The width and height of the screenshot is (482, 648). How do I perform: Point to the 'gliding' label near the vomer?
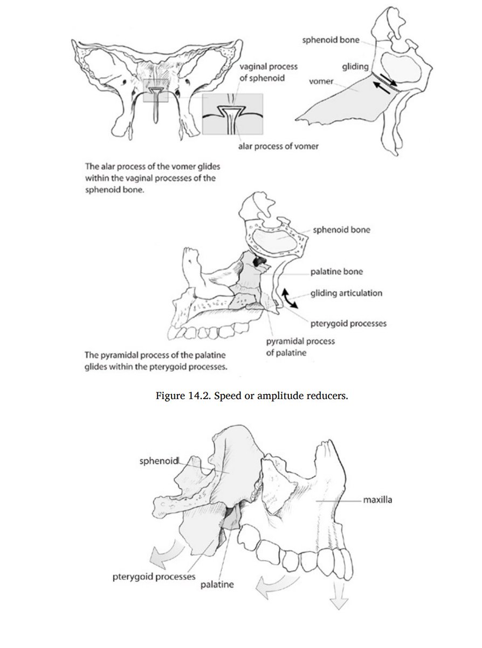[x=355, y=66]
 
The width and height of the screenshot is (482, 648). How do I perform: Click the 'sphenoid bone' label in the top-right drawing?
[x=330, y=40]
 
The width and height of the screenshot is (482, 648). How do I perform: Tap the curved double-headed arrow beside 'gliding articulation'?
[x=290, y=298]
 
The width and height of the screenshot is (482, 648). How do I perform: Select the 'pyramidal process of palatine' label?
[x=300, y=347]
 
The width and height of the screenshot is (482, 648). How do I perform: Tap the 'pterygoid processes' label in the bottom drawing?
[x=154, y=576]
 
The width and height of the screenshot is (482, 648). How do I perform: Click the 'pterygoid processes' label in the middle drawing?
[x=348, y=324]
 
